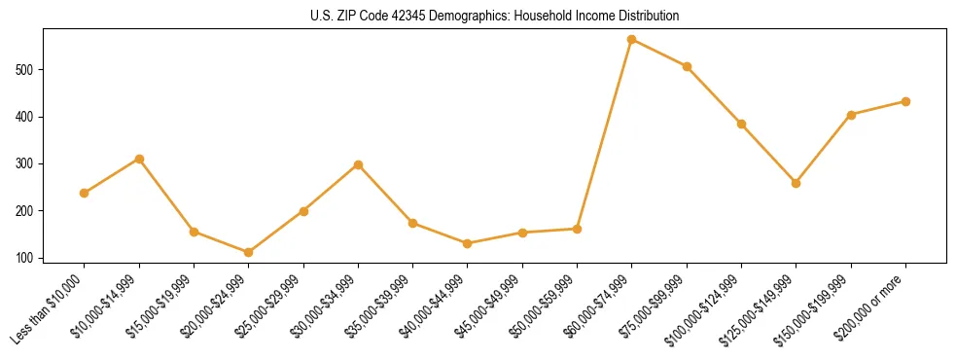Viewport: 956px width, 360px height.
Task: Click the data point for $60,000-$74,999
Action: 632,40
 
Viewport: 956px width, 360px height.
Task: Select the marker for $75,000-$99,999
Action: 687,66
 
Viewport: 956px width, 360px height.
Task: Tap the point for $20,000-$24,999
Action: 249,252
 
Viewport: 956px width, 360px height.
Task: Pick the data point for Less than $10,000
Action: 85,193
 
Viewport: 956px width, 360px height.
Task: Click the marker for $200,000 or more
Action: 905,101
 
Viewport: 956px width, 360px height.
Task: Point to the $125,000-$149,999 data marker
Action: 797,183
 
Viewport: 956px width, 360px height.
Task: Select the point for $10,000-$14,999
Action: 139,159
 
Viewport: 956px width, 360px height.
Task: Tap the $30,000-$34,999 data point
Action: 359,164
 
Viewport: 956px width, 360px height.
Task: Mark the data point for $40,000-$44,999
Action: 468,243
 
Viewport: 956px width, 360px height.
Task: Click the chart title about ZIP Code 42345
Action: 495,17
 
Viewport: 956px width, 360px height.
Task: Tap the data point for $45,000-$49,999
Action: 522,233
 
